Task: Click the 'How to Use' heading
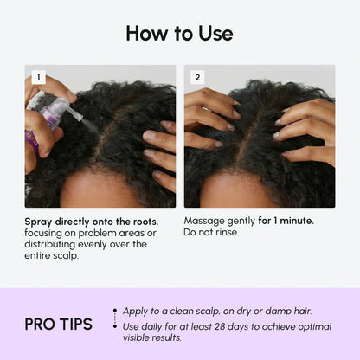[x=180, y=34]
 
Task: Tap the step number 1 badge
[x=37, y=77]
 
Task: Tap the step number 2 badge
[x=197, y=77]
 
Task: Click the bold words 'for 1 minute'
[x=287, y=222]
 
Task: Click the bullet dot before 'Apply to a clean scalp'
[x=116, y=310]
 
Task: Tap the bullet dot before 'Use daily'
[x=116, y=326]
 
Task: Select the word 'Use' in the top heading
[x=213, y=34]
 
